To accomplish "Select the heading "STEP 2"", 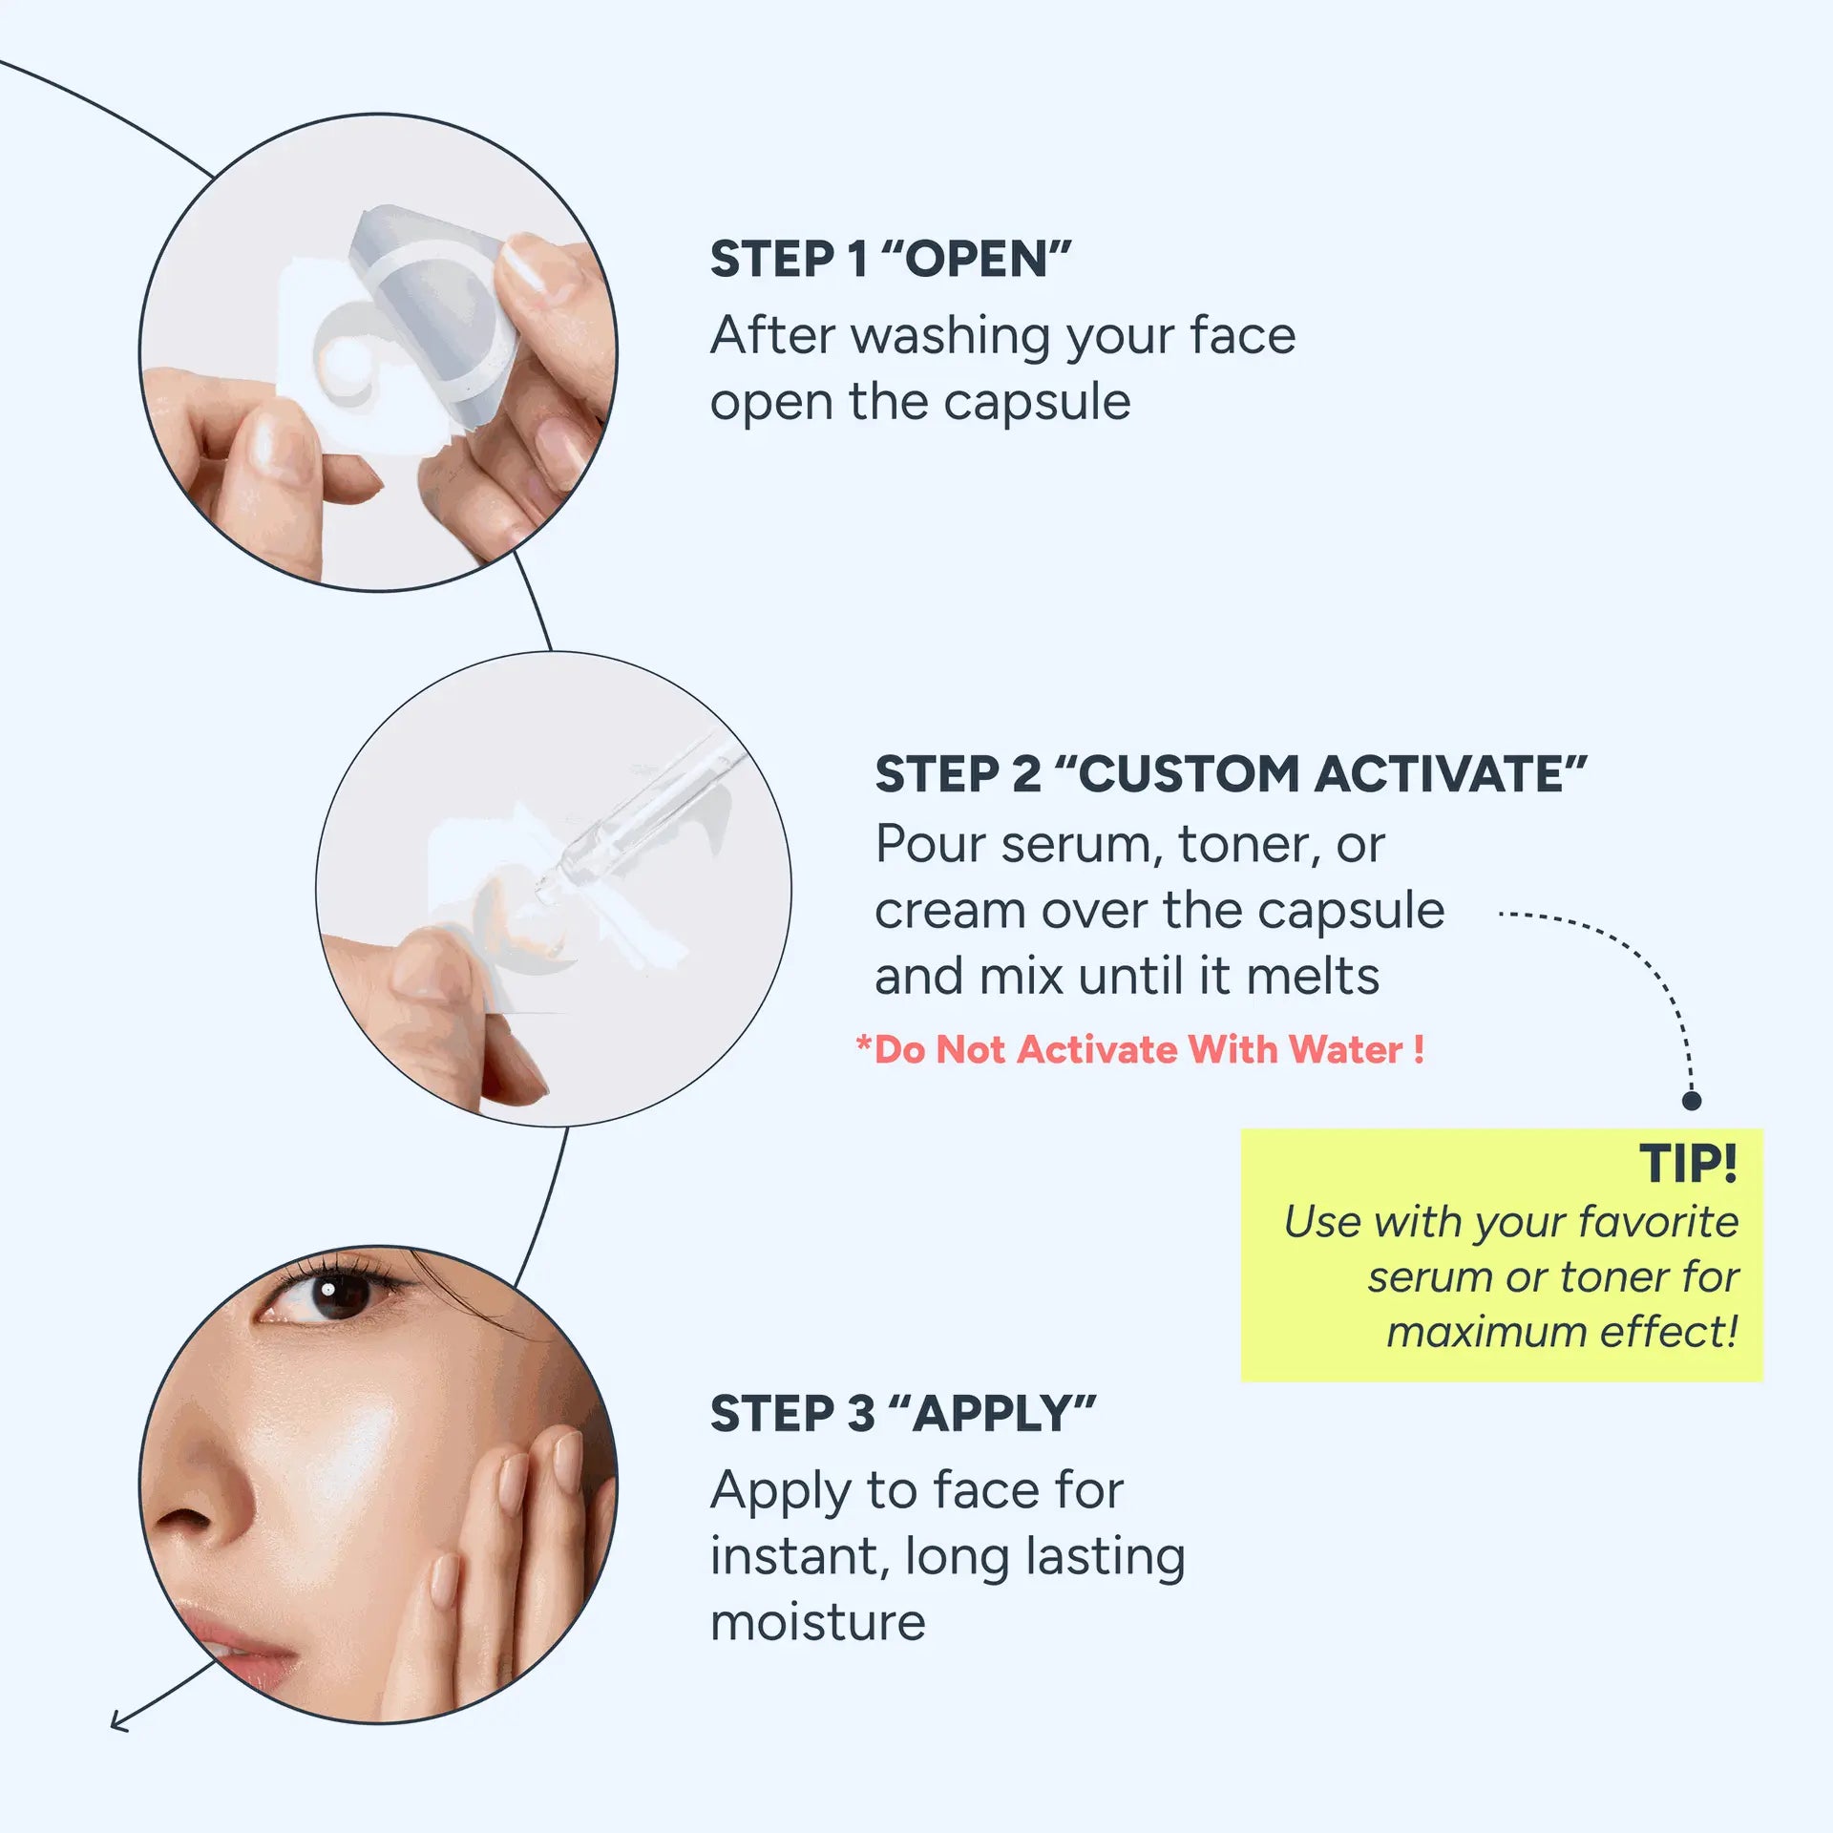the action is (958, 774).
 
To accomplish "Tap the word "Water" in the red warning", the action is (1346, 1050).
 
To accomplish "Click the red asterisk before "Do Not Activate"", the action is (864, 1043).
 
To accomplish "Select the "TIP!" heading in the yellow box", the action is (1688, 1164).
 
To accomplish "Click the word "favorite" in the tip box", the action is (1657, 1222).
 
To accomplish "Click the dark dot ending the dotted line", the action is (1692, 1101).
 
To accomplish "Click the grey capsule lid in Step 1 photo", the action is (434, 305).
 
